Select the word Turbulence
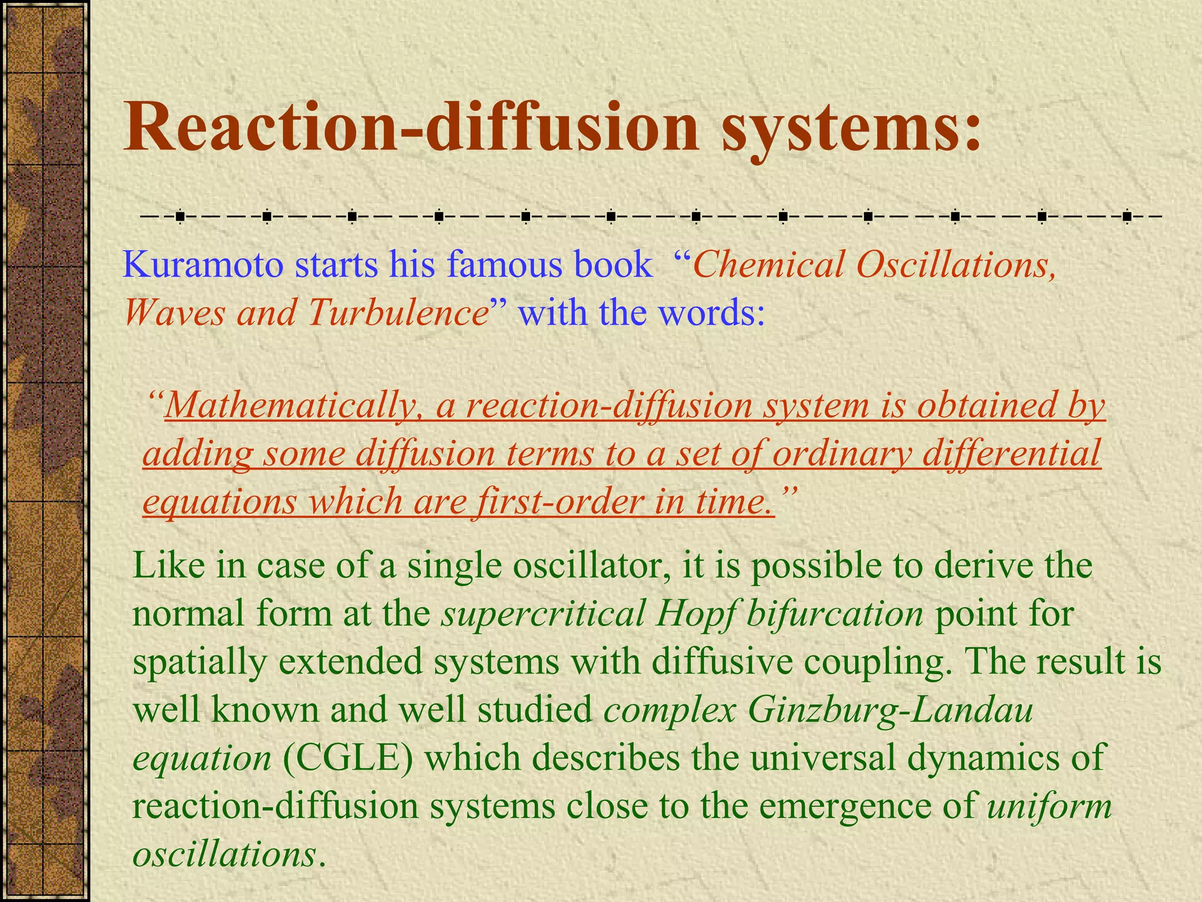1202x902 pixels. tap(397, 312)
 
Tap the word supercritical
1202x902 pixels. tap(543, 614)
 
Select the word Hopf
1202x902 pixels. tap(694, 614)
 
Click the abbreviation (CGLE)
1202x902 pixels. tap(348, 758)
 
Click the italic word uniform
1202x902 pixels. tap(1049, 806)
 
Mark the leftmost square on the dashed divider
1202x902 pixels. tap(180, 217)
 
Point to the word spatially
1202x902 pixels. tap(200, 662)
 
